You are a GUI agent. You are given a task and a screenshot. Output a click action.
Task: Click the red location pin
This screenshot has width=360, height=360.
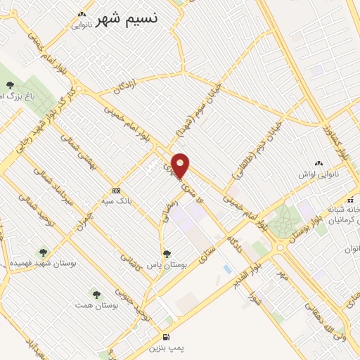[181, 165]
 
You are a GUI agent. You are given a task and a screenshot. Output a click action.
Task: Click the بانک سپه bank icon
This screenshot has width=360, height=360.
[116, 191]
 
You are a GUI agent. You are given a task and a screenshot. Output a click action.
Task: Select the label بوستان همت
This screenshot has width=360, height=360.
[96, 307]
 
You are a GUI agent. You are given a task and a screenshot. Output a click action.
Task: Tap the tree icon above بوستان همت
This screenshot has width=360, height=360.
[96, 294]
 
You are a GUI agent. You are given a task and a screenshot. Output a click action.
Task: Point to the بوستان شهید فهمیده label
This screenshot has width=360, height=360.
[42, 263]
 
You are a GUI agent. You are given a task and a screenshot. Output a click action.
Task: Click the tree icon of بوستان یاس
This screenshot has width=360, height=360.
[167, 254]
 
